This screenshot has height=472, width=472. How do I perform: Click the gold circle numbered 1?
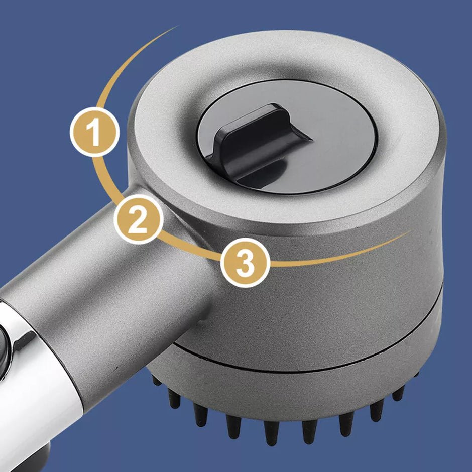pos(94,132)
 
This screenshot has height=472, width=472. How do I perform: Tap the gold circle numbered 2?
pos(139,219)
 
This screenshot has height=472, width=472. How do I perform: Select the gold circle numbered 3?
pos(246,263)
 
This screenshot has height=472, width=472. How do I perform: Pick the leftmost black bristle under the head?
pos(156,380)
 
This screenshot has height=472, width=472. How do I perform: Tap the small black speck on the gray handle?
pos(115,368)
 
